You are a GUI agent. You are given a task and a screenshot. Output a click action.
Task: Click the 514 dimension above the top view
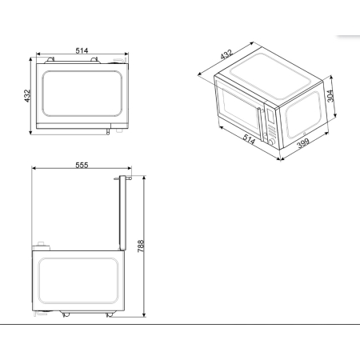click(x=81, y=51)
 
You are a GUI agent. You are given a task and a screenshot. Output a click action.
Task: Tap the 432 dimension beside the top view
click(x=26, y=94)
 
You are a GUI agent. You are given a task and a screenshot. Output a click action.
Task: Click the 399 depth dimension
click(x=304, y=143)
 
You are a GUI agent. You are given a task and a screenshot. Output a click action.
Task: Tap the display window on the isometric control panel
click(x=270, y=113)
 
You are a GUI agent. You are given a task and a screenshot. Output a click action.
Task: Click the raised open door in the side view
click(x=122, y=211)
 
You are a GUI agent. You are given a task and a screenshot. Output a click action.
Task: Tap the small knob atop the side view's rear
click(x=38, y=243)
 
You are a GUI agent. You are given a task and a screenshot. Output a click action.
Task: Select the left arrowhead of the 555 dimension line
click(x=33, y=170)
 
